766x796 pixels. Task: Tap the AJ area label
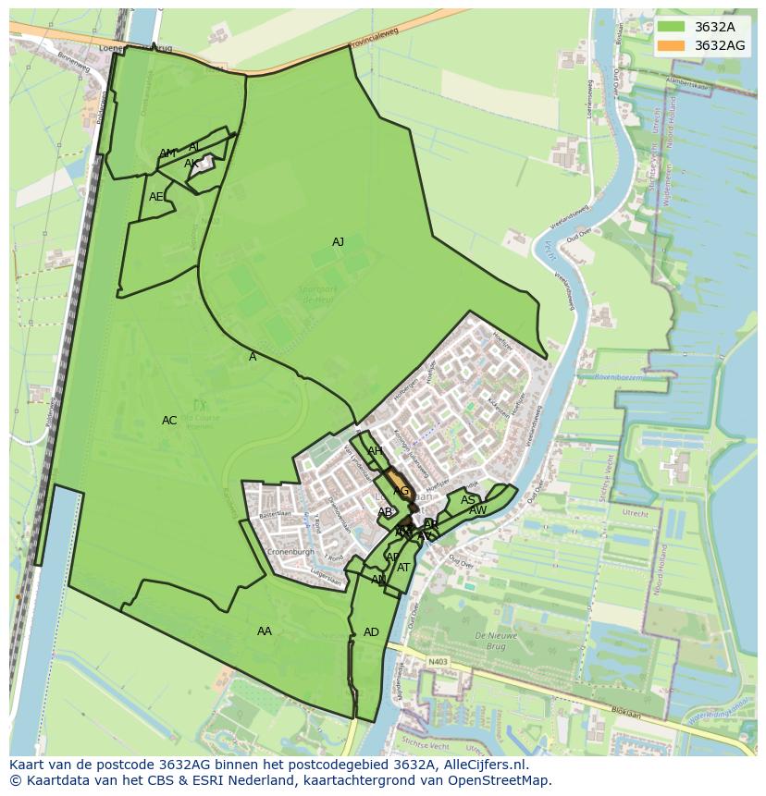click(338, 242)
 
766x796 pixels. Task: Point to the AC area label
click(169, 421)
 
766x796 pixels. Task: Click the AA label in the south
click(265, 631)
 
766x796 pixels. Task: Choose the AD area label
click(371, 632)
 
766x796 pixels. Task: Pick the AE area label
click(156, 197)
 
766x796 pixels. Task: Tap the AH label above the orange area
click(375, 451)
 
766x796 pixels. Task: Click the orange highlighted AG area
click(399, 485)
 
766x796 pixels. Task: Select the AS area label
click(468, 500)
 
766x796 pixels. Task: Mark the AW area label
click(477, 510)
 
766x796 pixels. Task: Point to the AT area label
click(403, 568)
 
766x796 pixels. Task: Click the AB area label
click(385, 512)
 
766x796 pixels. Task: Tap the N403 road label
click(438, 661)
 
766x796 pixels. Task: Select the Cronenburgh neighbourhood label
click(290, 552)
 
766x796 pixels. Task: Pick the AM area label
click(167, 153)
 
